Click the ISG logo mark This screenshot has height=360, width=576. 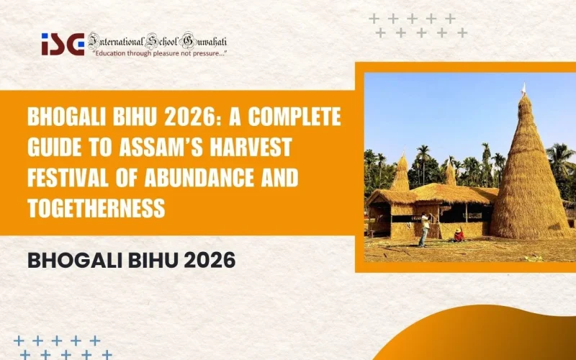[x=62, y=44]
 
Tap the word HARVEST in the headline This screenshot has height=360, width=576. [x=246, y=148]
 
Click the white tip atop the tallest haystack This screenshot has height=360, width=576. [x=524, y=89]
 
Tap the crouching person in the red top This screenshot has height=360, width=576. [x=458, y=235]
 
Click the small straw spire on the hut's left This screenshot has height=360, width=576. [x=401, y=173]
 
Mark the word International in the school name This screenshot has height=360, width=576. [x=116, y=40]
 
